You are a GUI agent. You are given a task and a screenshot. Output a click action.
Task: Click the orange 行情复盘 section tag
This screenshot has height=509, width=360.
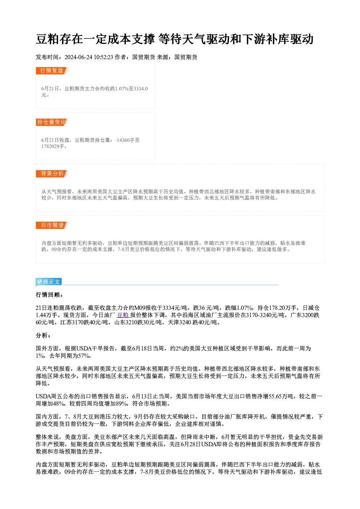coord(52,71)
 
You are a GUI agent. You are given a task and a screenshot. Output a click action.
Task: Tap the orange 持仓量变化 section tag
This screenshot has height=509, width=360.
coord(52,122)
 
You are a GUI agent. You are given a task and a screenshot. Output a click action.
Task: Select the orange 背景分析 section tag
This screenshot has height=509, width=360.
coord(52,174)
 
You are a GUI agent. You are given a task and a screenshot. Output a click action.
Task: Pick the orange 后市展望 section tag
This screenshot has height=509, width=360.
coord(52,225)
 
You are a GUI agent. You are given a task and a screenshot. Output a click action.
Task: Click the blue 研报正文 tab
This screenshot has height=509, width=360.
coord(49,282)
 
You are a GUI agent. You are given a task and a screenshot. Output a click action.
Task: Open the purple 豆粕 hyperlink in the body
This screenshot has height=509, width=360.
coord(123,315)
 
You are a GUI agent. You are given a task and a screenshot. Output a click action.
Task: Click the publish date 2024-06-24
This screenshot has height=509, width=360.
coord(78,57)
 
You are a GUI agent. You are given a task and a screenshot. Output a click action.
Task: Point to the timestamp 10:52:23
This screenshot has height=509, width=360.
coord(103,57)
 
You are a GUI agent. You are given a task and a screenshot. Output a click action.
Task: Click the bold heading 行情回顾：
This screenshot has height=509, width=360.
coord(49,295)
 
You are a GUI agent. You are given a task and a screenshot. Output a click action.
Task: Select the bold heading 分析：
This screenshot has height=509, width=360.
coord(43,335)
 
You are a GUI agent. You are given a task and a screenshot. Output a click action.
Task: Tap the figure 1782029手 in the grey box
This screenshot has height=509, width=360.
coord(54,147)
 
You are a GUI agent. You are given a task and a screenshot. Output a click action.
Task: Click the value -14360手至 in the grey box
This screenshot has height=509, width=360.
coord(127,140)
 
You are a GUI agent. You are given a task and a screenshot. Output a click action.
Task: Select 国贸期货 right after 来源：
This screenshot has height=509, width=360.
coord(186,57)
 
